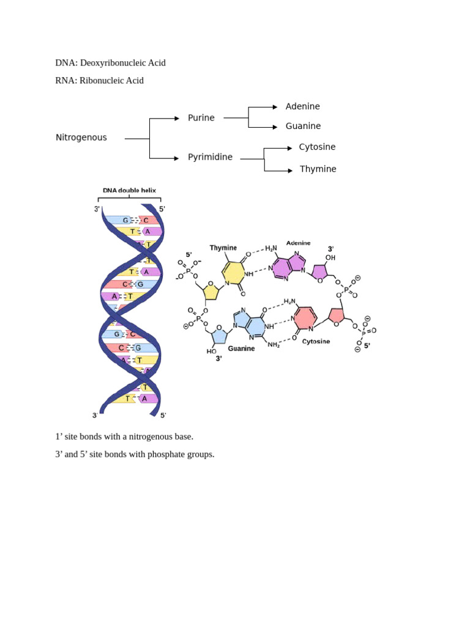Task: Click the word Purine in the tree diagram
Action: pos(201,118)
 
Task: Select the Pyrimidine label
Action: pos(211,157)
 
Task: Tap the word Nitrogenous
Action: pos(81,138)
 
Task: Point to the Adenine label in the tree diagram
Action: pos(302,106)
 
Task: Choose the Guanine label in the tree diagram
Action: pos(303,126)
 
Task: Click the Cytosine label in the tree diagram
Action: pos(318,147)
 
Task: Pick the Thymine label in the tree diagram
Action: pos(318,169)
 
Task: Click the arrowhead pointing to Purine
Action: pos(177,118)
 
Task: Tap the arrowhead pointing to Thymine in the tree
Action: pos(290,171)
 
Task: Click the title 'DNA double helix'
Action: pos(130,191)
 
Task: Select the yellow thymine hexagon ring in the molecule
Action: pos(233,273)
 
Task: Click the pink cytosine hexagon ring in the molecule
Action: pos(306,318)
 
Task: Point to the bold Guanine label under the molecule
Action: pos(241,348)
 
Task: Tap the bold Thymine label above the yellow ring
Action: pos(223,248)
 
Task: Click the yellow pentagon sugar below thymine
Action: pos(211,292)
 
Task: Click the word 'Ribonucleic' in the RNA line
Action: pos(102,81)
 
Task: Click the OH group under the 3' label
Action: pos(330,258)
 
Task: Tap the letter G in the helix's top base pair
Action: pos(125,220)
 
